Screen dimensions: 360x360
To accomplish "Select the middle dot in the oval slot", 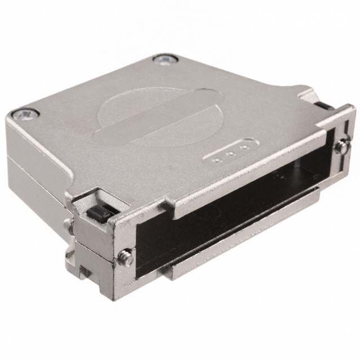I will [231, 154].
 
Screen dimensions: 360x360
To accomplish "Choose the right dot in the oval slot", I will [243, 149].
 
